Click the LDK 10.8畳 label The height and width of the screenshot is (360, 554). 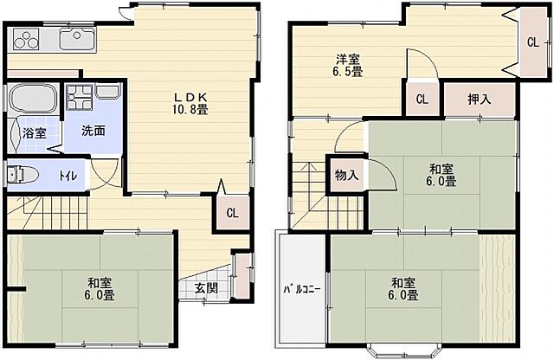[x=190, y=103]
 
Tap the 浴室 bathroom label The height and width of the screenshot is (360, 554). [x=35, y=133]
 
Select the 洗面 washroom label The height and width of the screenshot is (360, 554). [x=93, y=131]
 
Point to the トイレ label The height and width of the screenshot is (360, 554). [x=68, y=176]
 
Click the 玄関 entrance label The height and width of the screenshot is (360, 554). [x=206, y=289]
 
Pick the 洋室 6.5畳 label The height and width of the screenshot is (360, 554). [x=348, y=66]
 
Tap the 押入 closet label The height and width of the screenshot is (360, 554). [x=479, y=100]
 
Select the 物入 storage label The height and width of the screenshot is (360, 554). [x=346, y=175]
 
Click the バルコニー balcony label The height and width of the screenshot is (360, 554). [x=302, y=290]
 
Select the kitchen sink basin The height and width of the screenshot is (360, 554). [x=78, y=38]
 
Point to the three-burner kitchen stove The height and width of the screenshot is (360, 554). [x=26, y=39]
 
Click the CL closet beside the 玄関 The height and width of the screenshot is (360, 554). [x=232, y=214]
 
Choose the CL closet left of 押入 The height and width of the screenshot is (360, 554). [x=422, y=100]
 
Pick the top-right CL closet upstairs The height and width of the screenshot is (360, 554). [x=533, y=42]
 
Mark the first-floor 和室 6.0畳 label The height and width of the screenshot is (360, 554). [x=100, y=289]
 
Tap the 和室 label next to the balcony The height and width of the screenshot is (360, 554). [x=403, y=289]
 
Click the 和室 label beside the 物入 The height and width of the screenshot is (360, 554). [x=441, y=175]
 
